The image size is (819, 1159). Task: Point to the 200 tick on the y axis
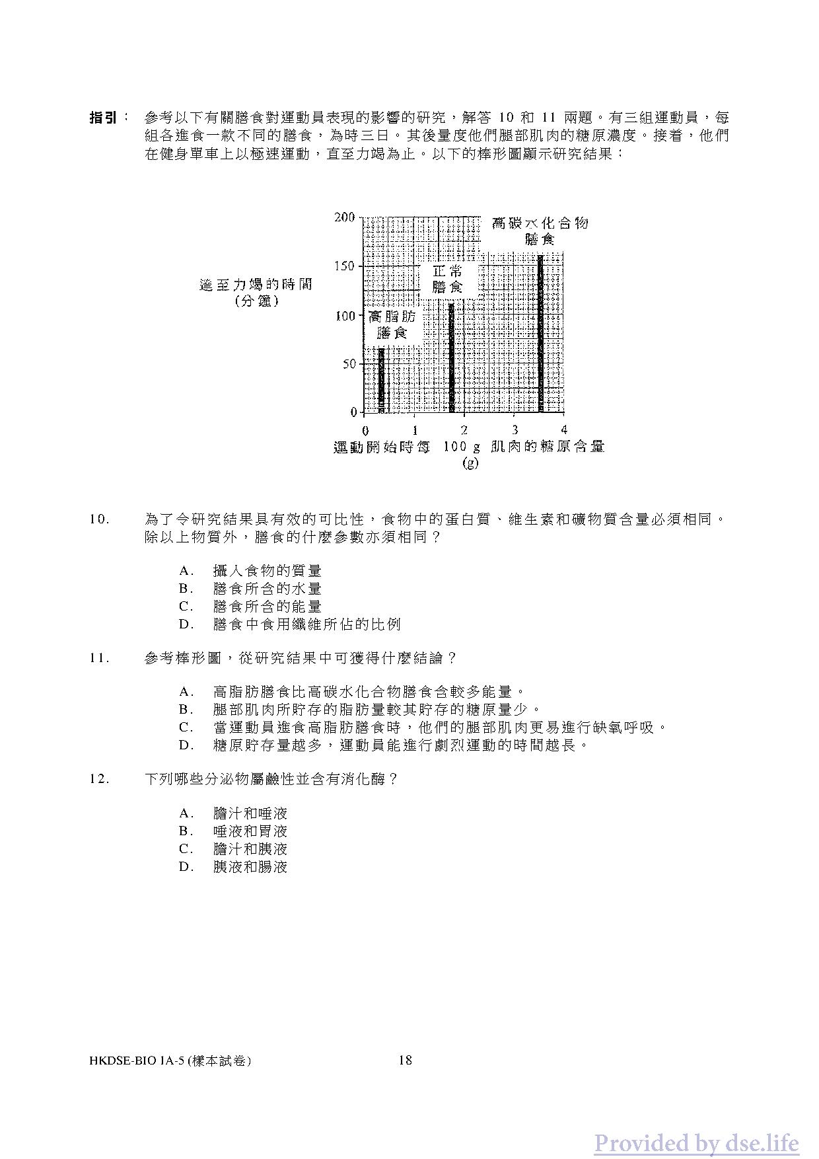(x=344, y=217)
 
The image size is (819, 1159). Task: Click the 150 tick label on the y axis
(x=344, y=266)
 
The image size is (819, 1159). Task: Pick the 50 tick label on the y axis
(x=347, y=364)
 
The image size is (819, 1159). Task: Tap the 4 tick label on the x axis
(x=563, y=430)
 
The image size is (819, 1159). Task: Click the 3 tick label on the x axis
(x=515, y=430)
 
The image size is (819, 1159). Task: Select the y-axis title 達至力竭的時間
(x=256, y=285)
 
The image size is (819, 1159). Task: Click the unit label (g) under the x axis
(x=470, y=463)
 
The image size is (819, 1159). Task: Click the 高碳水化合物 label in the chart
(x=540, y=223)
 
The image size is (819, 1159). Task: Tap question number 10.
(x=100, y=519)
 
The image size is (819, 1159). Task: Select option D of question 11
(x=384, y=745)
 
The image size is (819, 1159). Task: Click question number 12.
(x=100, y=779)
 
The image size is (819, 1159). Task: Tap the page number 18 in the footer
(x=406, y=1061)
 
